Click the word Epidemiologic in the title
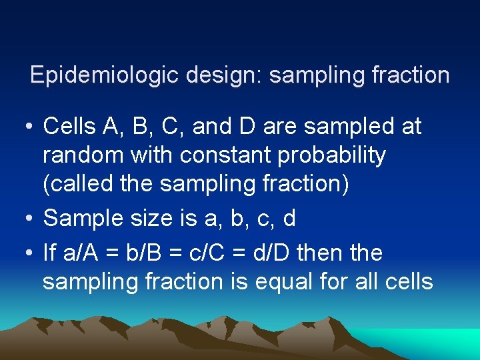(x=105, y=75)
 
